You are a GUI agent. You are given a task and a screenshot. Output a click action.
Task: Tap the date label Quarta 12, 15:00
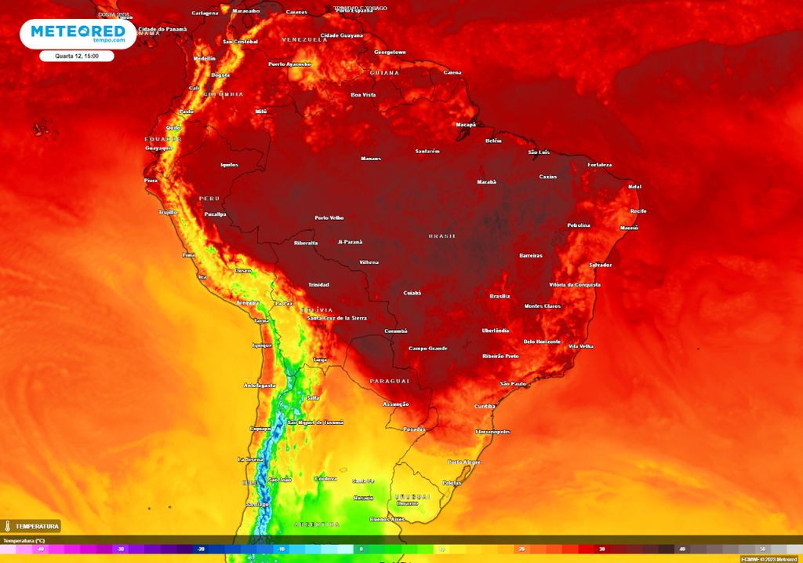coord(77,56)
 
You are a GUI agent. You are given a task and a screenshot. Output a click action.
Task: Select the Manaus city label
coord(371,159)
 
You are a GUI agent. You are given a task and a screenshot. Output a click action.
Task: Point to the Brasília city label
coord(500,296)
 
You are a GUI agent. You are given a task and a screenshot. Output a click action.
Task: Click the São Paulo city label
coord(513,383)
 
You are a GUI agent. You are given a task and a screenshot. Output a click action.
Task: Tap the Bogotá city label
coord(220,75)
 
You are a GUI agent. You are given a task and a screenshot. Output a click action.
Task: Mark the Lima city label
coord(188,255)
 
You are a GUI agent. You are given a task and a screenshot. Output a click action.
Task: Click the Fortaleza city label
coord(599,165)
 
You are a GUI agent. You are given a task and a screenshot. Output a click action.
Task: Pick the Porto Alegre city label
coord(463,462)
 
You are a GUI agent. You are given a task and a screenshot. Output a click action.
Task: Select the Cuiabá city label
coord(412,292)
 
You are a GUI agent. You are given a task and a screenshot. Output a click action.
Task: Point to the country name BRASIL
coord(442,236)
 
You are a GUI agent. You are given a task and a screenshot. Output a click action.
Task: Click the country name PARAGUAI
coord(390,381)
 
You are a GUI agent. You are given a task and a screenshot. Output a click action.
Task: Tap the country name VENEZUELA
coord(303,39)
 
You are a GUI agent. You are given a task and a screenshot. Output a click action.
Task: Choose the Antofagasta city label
coord(260,386)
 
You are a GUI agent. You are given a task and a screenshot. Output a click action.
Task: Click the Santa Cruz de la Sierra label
coord(337,318)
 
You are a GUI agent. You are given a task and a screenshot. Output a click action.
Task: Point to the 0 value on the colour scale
coord(361,550)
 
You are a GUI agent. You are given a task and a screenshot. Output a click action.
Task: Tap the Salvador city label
coord(601,265)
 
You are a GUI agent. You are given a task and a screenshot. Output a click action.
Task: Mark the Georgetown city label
coord(390,52)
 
